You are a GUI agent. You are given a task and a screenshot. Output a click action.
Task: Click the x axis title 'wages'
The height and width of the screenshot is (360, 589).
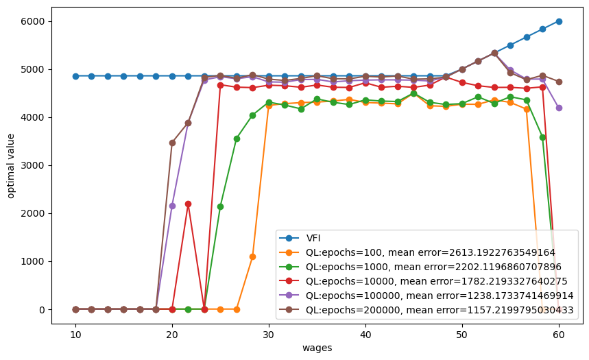pyautogui.click(x=317, y=348)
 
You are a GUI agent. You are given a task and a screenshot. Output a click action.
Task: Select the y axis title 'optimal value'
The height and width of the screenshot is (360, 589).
pyautogui.click(x=11, y=165)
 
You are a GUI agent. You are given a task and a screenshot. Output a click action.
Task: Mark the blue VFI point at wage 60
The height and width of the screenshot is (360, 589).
pyautogui.click(x=559, y=21)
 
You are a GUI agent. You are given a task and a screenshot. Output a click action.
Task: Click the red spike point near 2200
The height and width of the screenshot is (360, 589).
pyautogui.click(x=188, y=204)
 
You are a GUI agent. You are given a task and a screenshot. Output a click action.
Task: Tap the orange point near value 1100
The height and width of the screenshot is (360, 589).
pyautogui.click(x=252, y=256)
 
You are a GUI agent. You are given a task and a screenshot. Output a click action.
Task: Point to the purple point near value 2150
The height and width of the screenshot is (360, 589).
pyautogui.click(x=172, y=206)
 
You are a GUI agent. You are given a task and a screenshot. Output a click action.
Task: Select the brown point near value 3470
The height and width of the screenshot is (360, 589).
pyautogui.click(x=172, y=143)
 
